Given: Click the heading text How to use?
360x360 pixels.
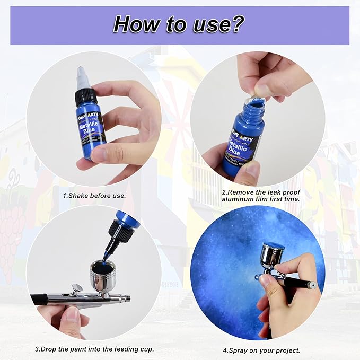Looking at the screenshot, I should (x=179, y=24).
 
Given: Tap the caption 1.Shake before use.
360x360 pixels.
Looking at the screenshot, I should (x=94, y=195).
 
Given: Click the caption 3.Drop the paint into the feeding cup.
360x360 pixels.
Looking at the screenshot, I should (x=94, y=349).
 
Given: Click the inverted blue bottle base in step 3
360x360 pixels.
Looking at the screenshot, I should (x=128, y=218).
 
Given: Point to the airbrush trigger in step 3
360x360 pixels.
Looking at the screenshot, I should (x=76, y=288).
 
